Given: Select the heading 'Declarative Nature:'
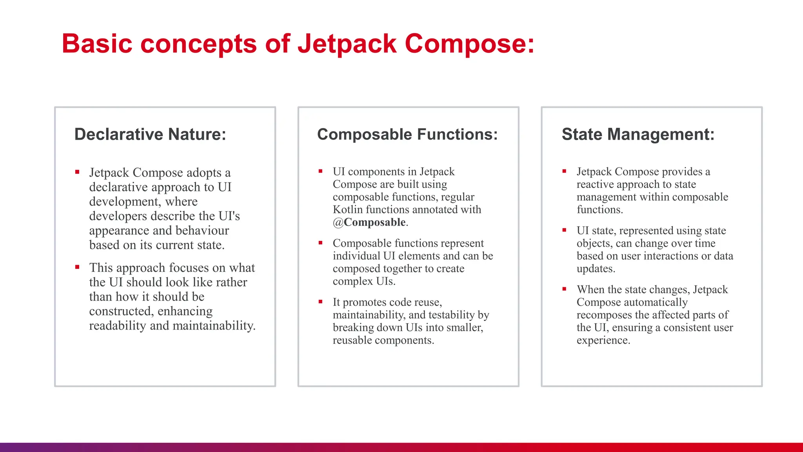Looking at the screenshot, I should (150, 134).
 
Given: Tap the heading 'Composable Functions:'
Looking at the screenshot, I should (407, 134).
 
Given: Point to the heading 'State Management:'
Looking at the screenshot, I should (638, 134).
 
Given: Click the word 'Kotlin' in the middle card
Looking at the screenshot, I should (348, 210).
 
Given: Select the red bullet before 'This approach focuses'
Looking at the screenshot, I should (77, 267).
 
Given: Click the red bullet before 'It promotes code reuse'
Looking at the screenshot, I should (320, 302).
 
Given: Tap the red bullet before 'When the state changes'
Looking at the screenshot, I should (564, 289).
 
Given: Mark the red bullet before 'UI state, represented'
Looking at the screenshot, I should (564, 230).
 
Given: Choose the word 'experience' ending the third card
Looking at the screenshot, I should (602, 340).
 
